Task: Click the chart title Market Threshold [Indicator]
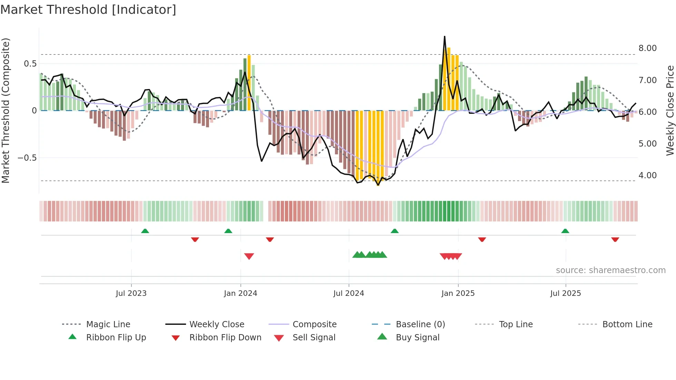[88, 10]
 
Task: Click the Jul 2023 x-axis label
[131, 293]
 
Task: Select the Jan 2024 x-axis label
[240, 293]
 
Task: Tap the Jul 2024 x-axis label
[349, 293]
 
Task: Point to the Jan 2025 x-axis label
[458, 293]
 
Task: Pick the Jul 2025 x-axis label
[566, 293]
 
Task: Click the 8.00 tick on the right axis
[647, 48]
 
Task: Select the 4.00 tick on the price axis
[647, 176]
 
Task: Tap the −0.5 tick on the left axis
[27, 158]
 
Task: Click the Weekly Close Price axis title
[670, 110]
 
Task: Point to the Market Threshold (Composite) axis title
[6, 110]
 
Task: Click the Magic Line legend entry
[108, 324]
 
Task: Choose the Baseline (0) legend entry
[420, 324]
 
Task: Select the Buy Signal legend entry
[417, 338]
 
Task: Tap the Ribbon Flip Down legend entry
[225, 338]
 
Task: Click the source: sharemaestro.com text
[610, 270]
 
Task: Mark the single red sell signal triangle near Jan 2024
[249, 256]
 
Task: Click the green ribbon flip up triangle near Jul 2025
[565, 231]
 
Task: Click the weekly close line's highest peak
[445, 37]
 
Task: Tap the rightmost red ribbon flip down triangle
[615, 239]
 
